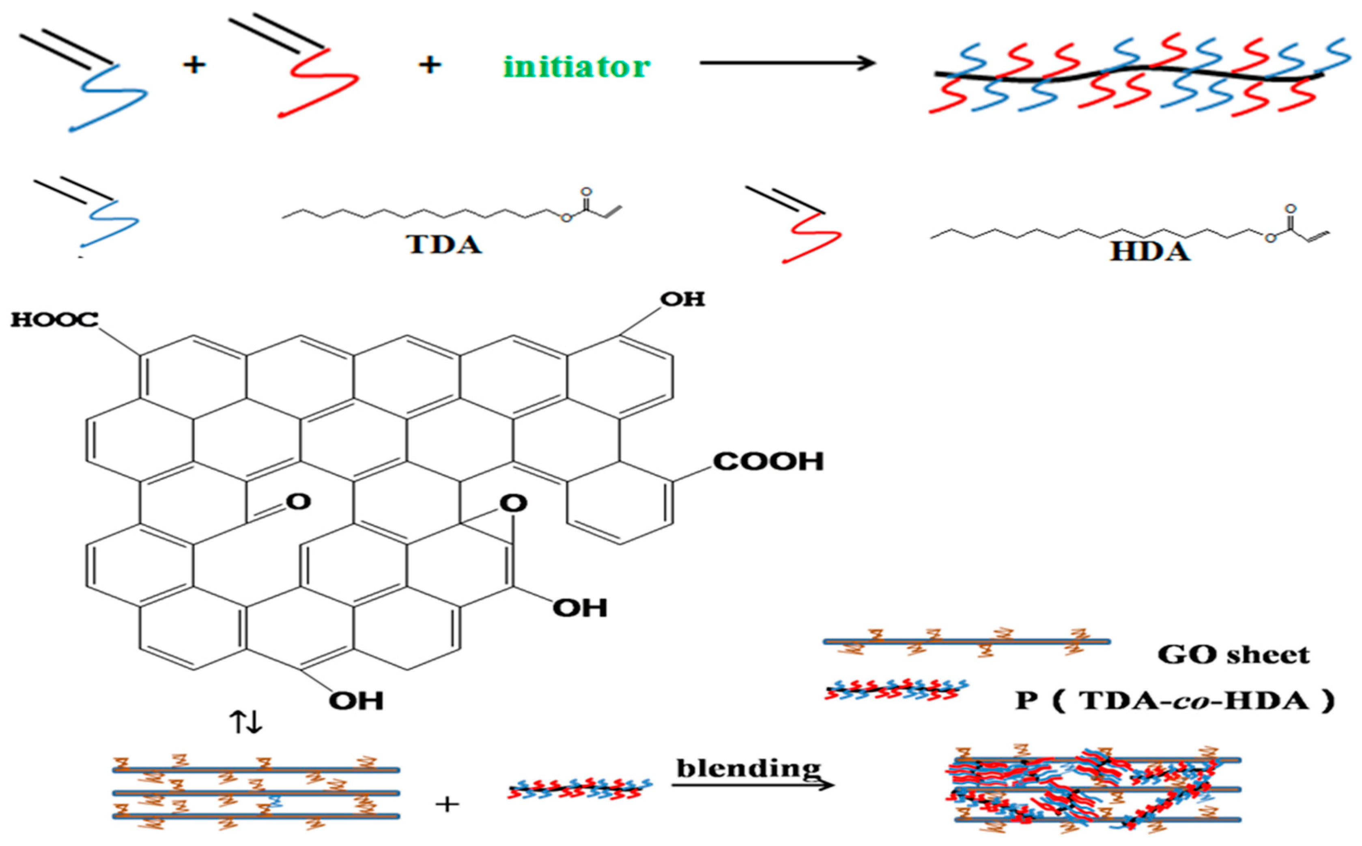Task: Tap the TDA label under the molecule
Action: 443,245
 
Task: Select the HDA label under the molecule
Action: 1150,252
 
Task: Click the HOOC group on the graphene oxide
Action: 54,320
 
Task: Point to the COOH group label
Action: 768,462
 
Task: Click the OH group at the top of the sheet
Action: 682,299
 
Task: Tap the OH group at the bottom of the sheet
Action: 356,700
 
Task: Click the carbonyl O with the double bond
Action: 298,502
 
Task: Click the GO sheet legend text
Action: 1233,654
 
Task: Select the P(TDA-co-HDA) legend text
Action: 1175,700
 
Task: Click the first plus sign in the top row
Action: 194,65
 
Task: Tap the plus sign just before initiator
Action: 430,65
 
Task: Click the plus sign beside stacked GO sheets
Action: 447,805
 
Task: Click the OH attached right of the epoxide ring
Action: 579,608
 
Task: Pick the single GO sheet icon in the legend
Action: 966,642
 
